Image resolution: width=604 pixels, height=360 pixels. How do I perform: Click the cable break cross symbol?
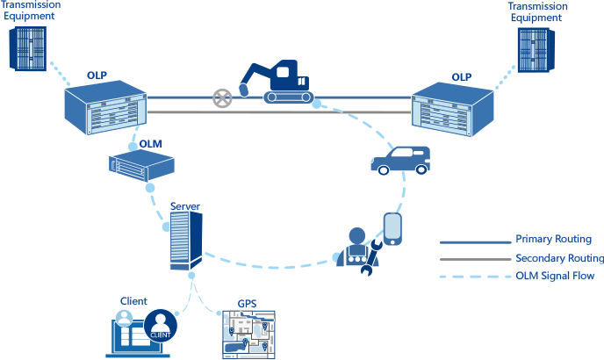[x=225, y=97]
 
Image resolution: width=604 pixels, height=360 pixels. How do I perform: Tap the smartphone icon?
[x=392, y=228]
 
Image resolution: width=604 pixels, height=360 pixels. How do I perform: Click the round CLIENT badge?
[x=161, y=326]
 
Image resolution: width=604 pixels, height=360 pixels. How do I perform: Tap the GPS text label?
[x=248, y=304]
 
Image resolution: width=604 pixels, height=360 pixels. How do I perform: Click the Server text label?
[x=184, y=206]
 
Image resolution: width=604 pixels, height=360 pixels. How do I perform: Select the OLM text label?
[x=150, y=143]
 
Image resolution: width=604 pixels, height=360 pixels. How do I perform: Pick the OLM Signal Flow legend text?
[x=555, y=277]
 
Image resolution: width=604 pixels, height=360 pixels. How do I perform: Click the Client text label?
[x=133, y=301]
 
